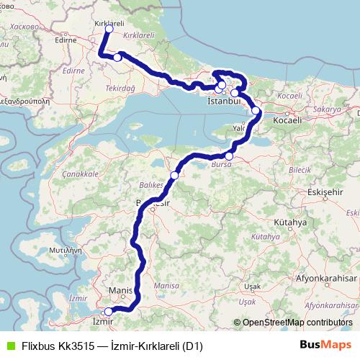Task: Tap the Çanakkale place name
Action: coord(80,174)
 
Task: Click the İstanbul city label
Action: coord(222,102)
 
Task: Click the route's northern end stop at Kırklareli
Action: coord(109,30)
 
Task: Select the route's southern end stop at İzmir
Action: coord(108,312)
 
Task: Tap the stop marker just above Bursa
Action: coord(229,156)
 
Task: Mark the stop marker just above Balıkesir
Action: coord(174,175)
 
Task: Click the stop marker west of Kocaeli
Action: coord(256,111)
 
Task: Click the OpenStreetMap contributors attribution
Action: coord(297,323)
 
